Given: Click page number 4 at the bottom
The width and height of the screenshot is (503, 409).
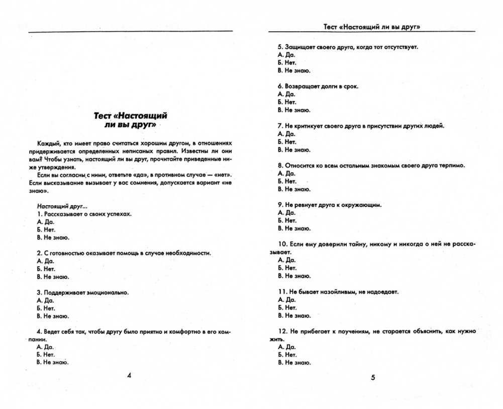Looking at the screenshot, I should click(129, 375).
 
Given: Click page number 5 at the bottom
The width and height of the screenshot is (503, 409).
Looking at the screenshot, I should click(373, 378).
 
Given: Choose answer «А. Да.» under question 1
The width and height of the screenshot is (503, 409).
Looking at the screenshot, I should click(45, 222).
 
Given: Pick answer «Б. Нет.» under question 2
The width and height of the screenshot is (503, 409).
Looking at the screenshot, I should click(46, 269).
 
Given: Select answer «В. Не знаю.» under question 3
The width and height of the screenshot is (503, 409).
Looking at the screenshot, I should click(53, 315).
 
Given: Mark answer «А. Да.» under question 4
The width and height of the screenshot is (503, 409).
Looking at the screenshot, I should click(45, 347).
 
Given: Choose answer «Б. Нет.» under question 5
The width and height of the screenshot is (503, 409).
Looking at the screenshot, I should click(286, 62).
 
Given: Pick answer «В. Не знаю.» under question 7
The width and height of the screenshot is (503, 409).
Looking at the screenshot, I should click(293, 149).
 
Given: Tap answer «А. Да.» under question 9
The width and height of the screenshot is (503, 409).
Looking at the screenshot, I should click(286, 212).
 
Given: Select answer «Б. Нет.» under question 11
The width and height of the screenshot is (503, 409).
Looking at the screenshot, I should click(286, 307).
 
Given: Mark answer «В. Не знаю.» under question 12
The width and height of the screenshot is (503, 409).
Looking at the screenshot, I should click(293, 362).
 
